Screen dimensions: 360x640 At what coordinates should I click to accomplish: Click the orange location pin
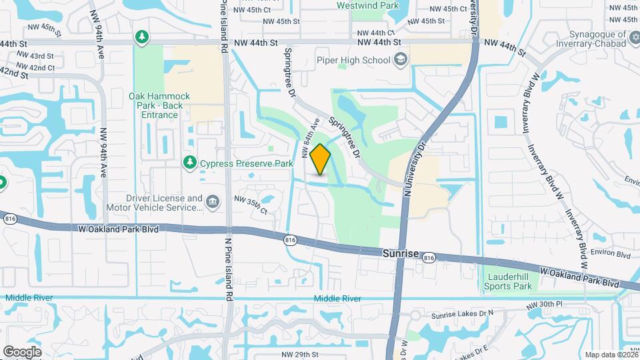[x=321, y=159]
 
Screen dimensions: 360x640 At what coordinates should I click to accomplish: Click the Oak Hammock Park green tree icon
[x=141, y=37]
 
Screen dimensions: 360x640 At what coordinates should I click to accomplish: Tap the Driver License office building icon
[x=213, y=201]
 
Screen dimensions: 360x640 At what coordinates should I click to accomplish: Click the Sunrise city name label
[x=401, y=254]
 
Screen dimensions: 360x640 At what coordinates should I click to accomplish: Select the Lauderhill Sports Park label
[x=508, y=281]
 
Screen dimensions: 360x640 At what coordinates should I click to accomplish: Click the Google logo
[x=22, y=351]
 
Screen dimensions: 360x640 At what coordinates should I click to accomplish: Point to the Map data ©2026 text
[x=610, y=355]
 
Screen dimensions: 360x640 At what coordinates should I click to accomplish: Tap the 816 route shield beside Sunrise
[x=429, y=257]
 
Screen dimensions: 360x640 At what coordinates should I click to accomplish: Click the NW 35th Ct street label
[x=250, y=204]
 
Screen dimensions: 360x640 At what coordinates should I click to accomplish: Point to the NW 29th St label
[x=300, y=354]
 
